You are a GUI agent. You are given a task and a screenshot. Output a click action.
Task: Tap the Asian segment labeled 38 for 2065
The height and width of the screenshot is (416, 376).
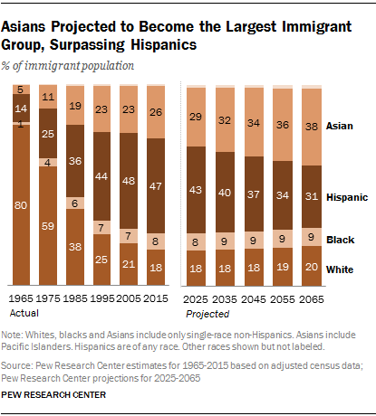[x=314, y=127]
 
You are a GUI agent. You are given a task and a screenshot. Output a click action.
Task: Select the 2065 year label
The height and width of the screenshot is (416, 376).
[x=314, y=298]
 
